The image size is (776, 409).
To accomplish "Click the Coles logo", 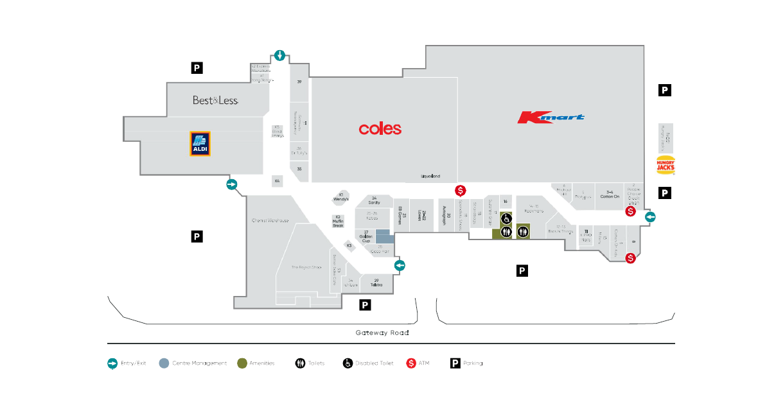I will click(x=380, y=129).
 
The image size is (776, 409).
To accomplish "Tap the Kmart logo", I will click(x=551, y=117).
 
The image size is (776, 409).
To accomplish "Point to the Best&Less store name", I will click(x=216, y=100).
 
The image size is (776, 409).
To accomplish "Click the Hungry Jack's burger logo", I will click(x=665, y=165).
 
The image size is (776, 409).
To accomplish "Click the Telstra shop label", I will click(x=376, y=283).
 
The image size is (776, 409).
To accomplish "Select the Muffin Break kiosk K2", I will click(x=338, y=222).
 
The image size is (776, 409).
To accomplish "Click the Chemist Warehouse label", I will click(x=270, y=221).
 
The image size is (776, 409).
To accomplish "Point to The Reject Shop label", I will click(x=306, y=267).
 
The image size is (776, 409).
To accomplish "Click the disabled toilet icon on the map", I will click(x=506, y=218).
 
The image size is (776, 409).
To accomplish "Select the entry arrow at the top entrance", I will click(x=279, y=55).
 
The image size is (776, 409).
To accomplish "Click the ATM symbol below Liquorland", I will click(x=460, y=190).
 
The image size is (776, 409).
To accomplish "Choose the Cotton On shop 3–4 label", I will click(x=610, y=195).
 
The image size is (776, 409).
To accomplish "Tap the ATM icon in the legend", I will click(x=410, y=363).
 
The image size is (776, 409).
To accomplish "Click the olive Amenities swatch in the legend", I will click(x=242, y=363).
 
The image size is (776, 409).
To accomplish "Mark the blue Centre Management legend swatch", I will click(x=164, y=363).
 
